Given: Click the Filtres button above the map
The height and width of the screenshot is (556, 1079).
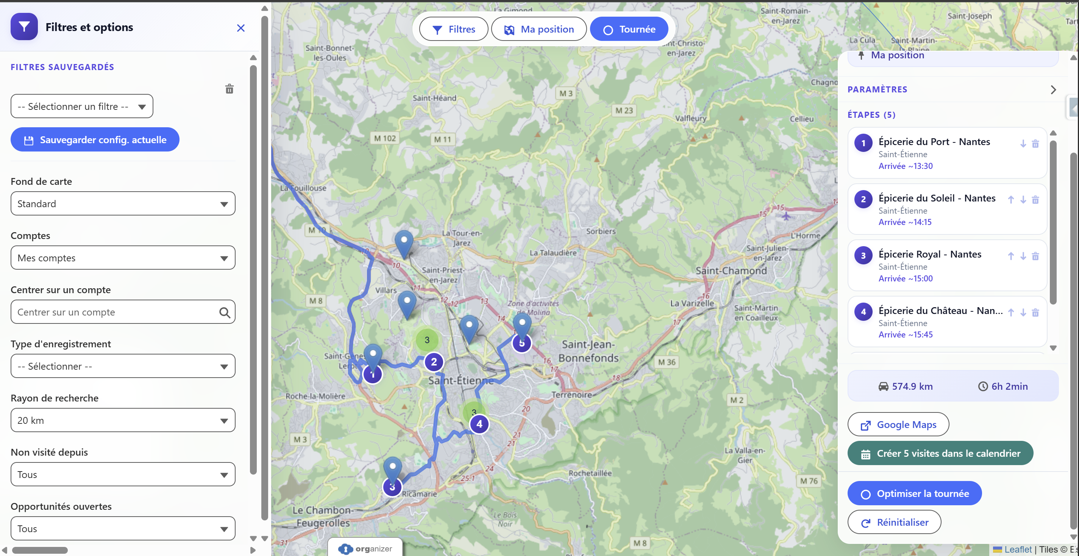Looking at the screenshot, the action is pos(454,29).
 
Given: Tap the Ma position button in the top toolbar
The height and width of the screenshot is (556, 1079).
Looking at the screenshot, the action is pos(539,29).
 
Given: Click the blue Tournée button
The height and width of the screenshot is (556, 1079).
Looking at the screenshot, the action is pos(629,29).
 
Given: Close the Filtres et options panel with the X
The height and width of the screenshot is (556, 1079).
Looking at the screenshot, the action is pos(240,28).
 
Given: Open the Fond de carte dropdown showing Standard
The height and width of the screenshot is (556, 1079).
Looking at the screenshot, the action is pos(123,204).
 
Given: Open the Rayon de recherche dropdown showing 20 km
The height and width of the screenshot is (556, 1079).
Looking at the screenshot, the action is pos(123,420).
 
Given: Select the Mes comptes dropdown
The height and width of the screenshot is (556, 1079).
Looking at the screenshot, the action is pos(123,258).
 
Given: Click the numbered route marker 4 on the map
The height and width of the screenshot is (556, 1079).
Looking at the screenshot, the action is pos(479,424).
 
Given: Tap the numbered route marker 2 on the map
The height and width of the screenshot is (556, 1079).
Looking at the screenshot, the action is pos(434,362).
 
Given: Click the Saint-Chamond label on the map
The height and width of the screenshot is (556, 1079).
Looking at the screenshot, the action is pos(731,271).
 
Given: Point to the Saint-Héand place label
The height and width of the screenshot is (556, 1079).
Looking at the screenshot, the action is pos(434,98).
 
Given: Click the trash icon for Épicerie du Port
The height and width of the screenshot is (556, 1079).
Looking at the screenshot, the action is pos(1035,144).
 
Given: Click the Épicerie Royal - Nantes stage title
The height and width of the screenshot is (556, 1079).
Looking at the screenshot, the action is pos(930,254).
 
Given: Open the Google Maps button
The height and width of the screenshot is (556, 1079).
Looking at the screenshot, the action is pos(898,425).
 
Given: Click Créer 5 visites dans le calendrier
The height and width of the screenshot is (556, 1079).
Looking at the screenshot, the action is pos(940,453).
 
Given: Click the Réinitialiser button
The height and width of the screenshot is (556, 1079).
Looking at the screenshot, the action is pos(894,522).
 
